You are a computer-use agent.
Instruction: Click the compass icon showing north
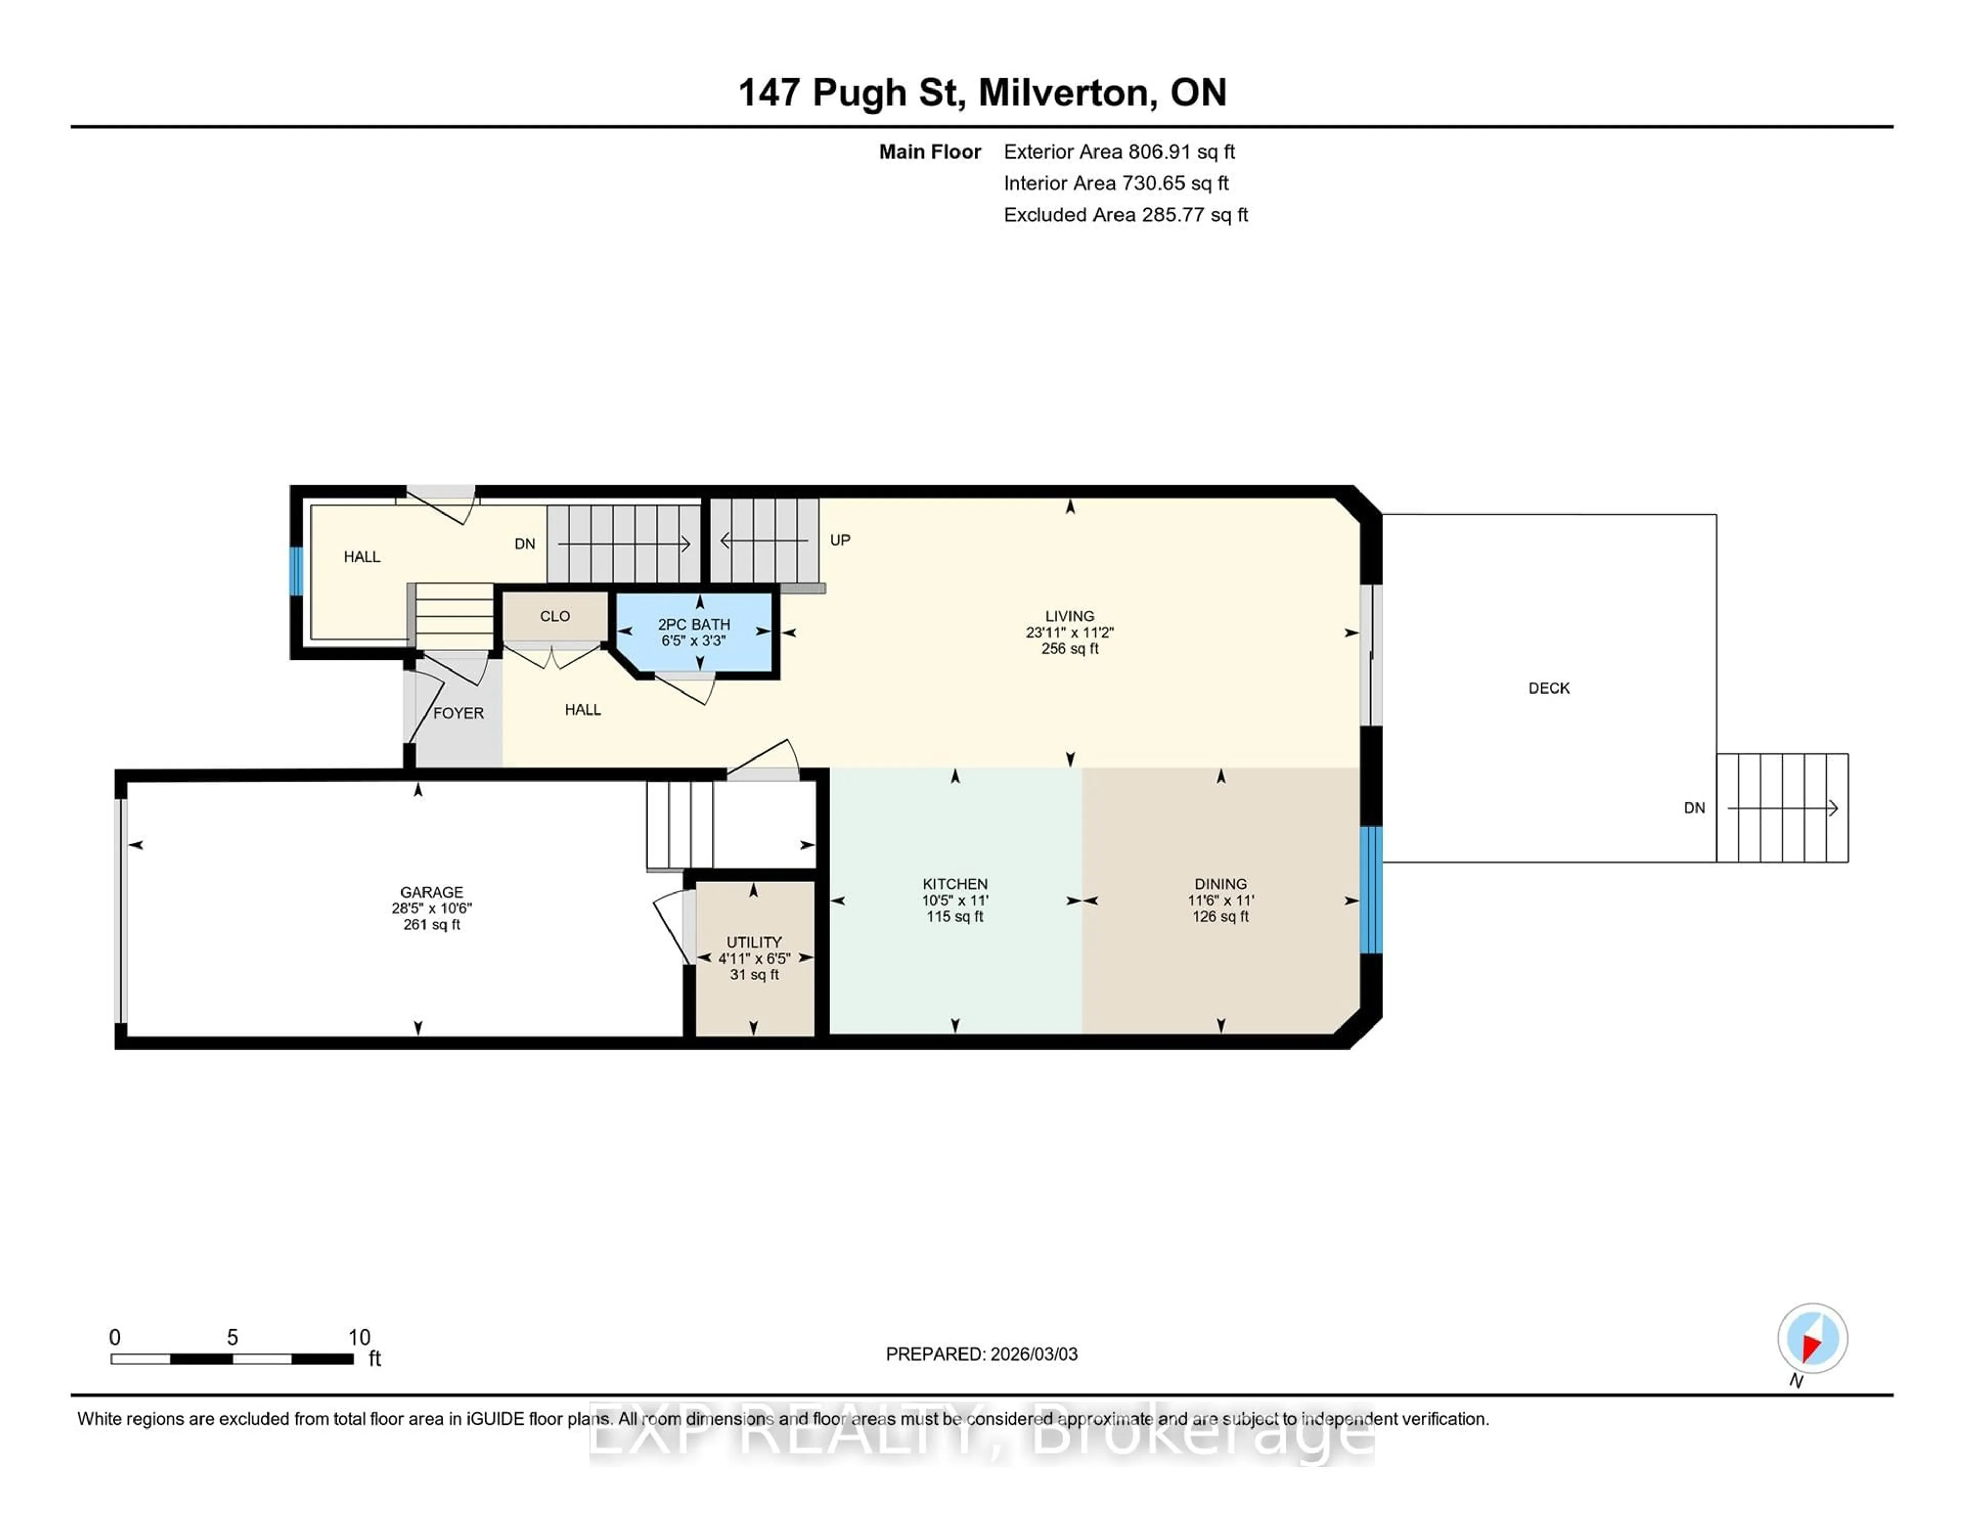click(x=1812, y=1338)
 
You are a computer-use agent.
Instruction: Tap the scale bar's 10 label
click(x=359, y=1337)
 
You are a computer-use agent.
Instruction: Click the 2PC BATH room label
click(x=694, y=624)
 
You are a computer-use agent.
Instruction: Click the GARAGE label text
click(x=432, y=892)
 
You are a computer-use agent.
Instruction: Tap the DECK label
click(x=1549, y=688)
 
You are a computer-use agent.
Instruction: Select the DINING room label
click(x=1220, y=884)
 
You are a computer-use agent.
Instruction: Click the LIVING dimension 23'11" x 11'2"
click(x=1069, y=632)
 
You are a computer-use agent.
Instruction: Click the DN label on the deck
click(x=1694, y=808)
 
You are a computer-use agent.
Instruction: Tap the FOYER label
click(x=459, y=713)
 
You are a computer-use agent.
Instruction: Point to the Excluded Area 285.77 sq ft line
click(x=1125, y=215)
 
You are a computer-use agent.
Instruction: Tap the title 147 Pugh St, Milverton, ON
click(x=982, y=93)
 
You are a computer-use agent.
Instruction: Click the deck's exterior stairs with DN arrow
click(x=1782, y=808)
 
